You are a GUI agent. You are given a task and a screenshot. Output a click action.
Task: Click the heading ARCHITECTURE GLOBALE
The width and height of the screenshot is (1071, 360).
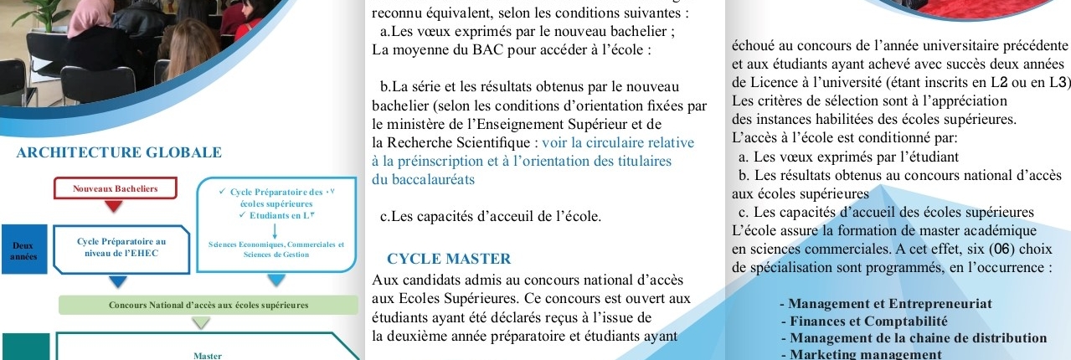[119, 153]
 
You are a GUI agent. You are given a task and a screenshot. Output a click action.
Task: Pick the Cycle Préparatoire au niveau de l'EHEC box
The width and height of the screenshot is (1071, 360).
[121, 247]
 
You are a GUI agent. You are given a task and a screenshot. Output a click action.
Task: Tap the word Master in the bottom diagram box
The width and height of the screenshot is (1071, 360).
[207, 355]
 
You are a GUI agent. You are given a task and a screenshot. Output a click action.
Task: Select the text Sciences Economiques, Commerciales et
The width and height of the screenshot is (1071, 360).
[276, 244]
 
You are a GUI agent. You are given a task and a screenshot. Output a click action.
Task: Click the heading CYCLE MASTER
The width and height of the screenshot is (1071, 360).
[449, 259]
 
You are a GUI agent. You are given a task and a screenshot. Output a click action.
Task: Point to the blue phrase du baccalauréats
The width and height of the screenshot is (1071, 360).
[423, 178]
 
